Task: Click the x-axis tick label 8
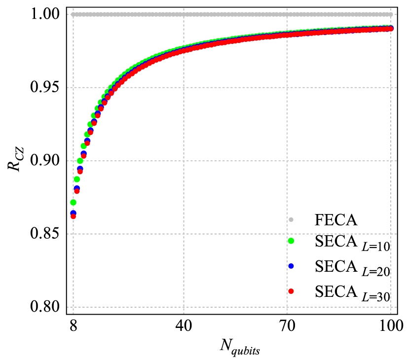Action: (73, 326)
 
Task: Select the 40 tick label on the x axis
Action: (184, 326)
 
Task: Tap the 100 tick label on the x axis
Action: (391, 326)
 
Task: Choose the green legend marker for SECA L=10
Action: (291, 241)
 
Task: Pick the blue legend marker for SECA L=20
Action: (291, 266)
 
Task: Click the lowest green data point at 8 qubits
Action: (73, 202)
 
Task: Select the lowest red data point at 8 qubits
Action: (73, 216)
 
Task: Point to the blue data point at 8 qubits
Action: (73, 213)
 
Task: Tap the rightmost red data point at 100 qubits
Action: (391, 29)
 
